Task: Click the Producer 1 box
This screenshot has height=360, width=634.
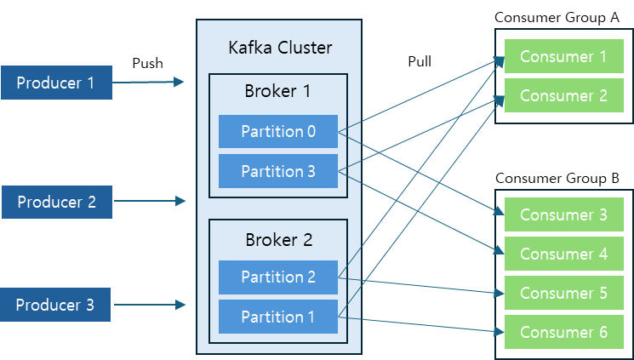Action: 56,83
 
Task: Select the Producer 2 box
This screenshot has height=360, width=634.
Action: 56,202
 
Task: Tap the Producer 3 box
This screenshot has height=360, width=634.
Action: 55,305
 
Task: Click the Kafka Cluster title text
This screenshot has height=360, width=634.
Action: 280,47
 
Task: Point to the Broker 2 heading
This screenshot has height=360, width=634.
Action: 277,239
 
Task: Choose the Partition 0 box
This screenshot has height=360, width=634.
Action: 277,131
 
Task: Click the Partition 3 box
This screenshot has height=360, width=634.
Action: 277,171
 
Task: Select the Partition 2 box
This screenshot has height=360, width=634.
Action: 277,277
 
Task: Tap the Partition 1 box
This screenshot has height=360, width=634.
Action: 277,317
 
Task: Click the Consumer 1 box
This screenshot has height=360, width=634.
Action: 563,56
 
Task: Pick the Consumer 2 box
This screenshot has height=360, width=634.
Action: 563,95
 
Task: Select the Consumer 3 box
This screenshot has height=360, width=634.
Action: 563,214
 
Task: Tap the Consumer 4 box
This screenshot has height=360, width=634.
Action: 563,254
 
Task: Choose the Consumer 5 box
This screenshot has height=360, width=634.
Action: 563,293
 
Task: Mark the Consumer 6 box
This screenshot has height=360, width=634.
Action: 563,331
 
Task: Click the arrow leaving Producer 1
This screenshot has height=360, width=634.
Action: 148,83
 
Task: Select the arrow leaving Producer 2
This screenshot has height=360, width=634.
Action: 148,202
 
